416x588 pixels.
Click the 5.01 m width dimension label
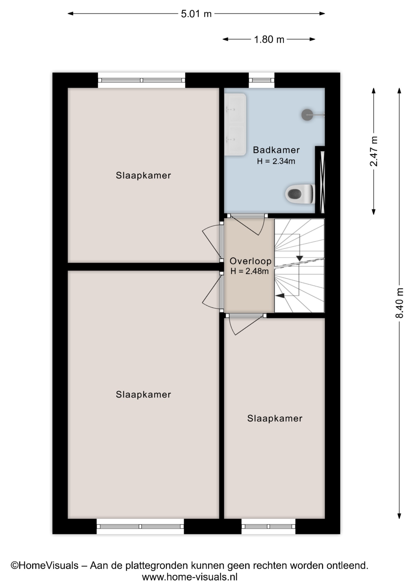[x=196, y=14]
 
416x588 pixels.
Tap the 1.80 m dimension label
[x=269, y=40]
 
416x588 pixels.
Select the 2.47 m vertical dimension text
[x=374, y=151]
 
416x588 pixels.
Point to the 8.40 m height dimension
[x=399, y=303]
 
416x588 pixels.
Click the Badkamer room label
[x=276, y=150]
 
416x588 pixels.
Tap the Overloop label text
[x=251, y=261]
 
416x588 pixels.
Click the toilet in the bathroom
[x=300, y=194]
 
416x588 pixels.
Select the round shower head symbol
[x=307, y=115]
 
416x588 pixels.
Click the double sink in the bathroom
[x=235, y=124]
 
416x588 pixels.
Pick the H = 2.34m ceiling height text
[x=276, y=161]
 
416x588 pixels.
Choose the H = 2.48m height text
[x=250, y=271]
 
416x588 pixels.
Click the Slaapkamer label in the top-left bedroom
[x=143, y=175]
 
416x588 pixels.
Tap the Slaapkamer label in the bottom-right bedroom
[x=275, y=419]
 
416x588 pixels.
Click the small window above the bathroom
[x=261, y=80]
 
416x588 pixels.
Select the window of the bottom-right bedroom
[x=268, y=526]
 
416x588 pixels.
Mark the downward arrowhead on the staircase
[x=300, y=258]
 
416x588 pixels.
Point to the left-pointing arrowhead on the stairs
[x=280, y=296]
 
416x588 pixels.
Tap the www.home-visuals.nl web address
[x=190, y=577]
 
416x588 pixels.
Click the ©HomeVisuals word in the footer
[x=45, y=565]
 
